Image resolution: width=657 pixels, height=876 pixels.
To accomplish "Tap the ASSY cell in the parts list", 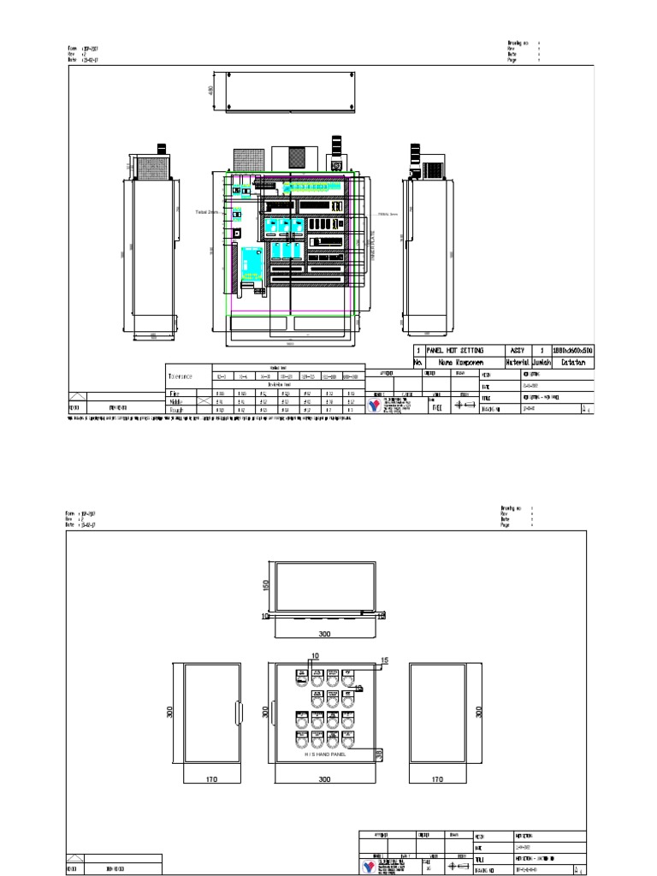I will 517,351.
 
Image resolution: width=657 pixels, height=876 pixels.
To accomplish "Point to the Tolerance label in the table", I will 181,376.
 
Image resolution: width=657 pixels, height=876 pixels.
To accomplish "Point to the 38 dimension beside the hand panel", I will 379,754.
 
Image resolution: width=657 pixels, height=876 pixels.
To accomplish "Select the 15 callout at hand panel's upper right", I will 384,660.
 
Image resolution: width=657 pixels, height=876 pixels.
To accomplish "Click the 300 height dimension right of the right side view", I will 478,711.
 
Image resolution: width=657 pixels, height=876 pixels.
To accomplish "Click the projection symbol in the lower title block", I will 462,866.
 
